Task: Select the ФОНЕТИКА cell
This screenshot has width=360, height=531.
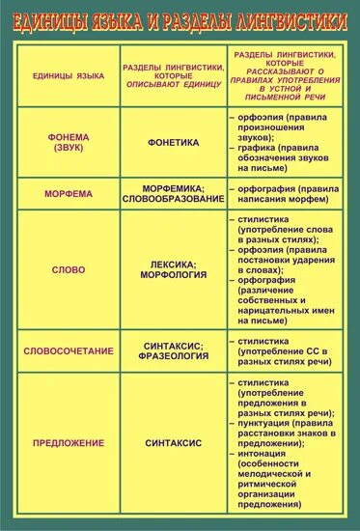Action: [x=174, y=142]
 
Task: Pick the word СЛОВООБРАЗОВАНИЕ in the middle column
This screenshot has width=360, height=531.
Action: [x=174, y=199]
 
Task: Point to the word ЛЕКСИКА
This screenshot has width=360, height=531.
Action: [x=174, y=264]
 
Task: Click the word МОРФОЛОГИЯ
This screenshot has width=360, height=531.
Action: [x=174, y=275]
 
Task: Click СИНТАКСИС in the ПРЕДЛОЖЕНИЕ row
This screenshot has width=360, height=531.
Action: [x=174, y=443]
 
